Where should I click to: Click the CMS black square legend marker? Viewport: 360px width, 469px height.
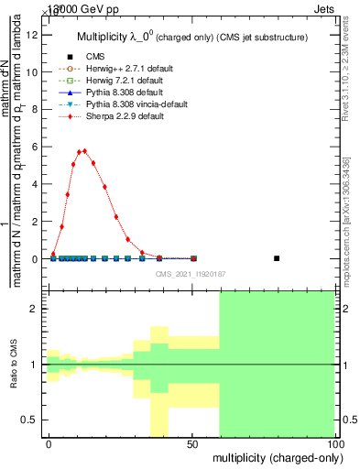coord(69,57)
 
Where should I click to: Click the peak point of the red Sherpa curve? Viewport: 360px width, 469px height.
coord(84,151)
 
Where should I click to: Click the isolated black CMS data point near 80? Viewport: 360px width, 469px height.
coord(277,258)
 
